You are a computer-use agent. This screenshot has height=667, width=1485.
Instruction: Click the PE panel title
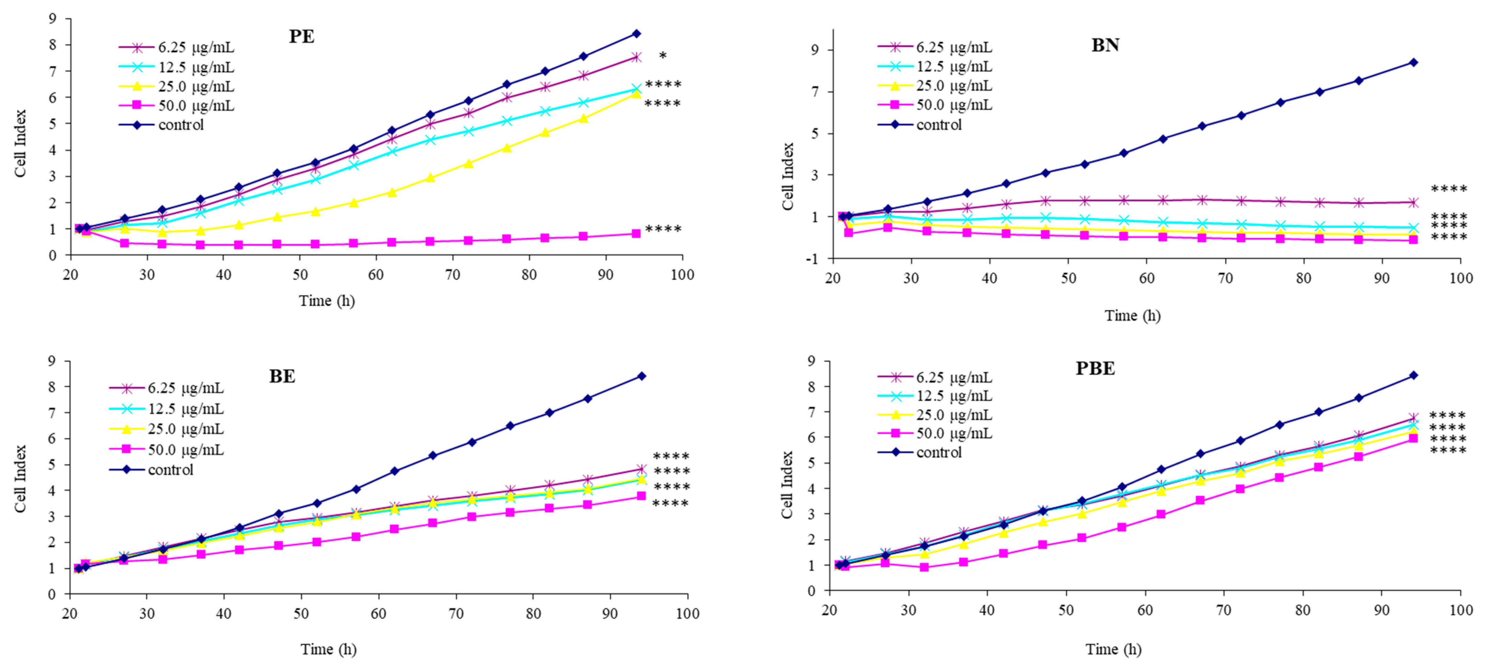[x=302, y=36]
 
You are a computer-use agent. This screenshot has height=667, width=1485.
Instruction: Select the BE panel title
[x=282, y=376]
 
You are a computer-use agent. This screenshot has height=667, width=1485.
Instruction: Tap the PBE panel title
[x=1095, y=369]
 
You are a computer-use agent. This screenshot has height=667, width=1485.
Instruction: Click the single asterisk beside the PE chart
[x=663, y=56]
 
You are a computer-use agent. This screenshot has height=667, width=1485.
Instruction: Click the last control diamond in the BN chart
[x=1414, y=62]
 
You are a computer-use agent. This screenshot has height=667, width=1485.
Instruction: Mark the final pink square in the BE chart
[x=641, y=496]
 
